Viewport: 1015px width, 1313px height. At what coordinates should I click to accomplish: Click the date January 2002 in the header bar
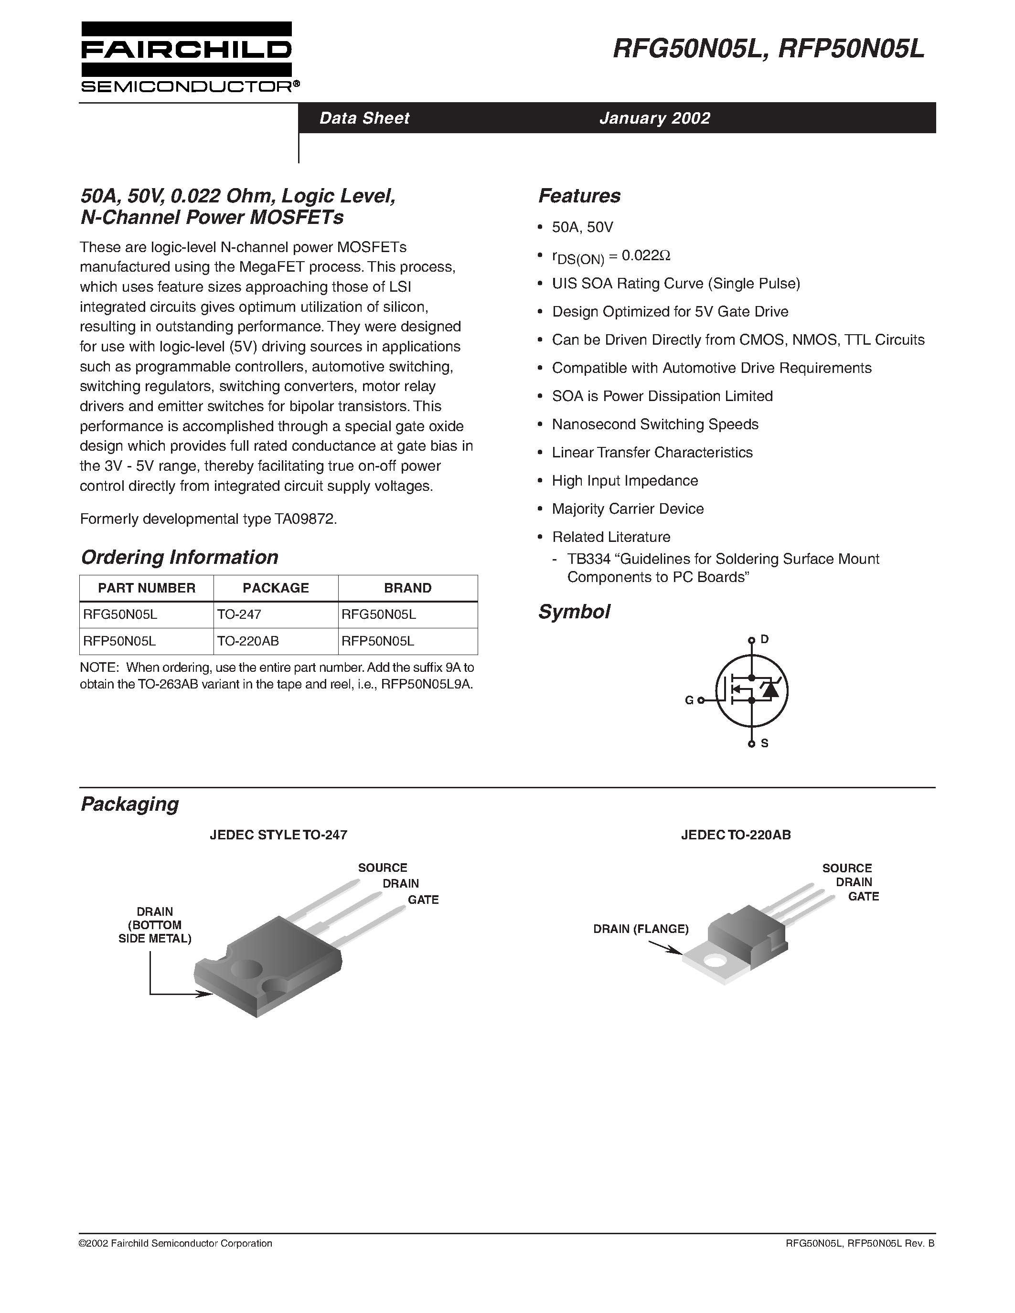pyautogui.click(x=654, y=118)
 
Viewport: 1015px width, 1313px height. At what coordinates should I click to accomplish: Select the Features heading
pyautogui.click(x=579, y=195)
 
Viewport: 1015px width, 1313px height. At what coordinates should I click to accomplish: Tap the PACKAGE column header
pyautogui.click(x=276, y=588)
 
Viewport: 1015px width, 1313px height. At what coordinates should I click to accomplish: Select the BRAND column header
pyautogui.click(x=408, y=588)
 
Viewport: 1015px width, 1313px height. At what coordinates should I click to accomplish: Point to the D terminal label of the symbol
pyautogui.click(x=764, y=639)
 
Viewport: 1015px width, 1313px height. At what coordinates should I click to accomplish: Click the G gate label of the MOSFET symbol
pyautogui.click(x=689, y=700)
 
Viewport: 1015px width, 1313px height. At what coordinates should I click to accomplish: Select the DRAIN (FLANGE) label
pyautogui.click(x=641, y=929)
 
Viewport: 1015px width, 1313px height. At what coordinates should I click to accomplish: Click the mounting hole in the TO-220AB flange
pyautogui.click(x=716, y=960)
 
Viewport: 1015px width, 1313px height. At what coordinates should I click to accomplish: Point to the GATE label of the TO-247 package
pyautogui.click(x=423, y=900)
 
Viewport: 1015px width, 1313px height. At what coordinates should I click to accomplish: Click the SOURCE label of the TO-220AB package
pyautogui.click(x=847, y=868)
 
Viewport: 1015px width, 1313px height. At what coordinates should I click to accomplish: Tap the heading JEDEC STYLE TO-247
pyautogui.click(x=278, y=835)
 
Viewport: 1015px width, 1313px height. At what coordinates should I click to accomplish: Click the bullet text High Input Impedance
pyautogui.click(x=625, y=480)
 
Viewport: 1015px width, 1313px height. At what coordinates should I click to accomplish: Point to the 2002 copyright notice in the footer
pyautogui.click(x=176, y=1243)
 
